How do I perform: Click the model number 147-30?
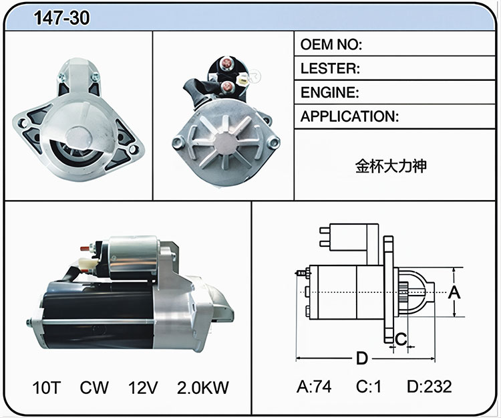point(61,17)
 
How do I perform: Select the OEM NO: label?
point(331,44)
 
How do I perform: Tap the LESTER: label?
point(330,68)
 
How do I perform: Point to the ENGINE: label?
point(330,92)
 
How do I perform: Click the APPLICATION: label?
point(349,116)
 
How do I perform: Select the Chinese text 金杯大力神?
point(391,167)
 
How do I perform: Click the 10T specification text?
point(47,387)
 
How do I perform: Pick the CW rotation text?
point(94,387)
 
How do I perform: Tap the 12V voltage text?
point(143,387)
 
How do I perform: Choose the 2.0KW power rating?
point(203,387)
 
